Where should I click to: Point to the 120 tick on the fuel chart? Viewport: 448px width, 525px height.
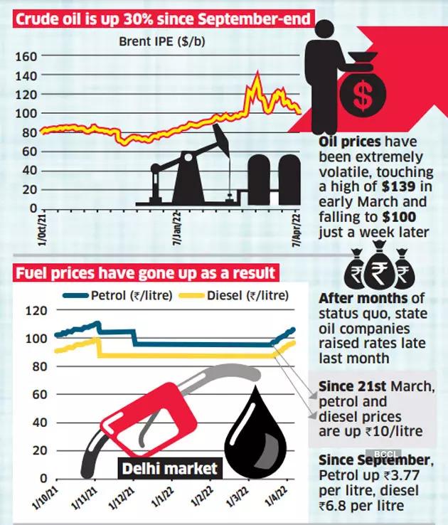36,310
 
